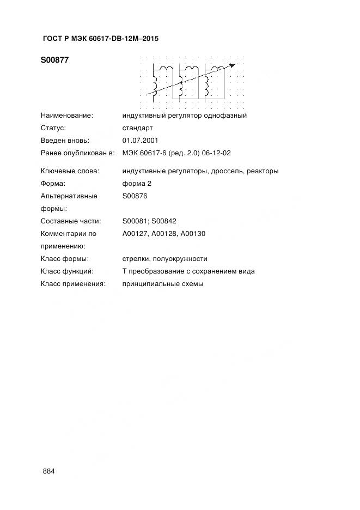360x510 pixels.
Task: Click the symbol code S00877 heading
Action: [x=54, y=60]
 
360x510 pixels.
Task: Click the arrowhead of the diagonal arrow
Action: [x=233, y=65]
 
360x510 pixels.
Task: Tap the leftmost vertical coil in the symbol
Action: [x=156, y=83]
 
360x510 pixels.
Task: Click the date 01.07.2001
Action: [x=141, y=141]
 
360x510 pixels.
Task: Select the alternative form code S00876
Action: [x=135, y=196]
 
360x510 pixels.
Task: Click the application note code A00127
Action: [x=136, y=234]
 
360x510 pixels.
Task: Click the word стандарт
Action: [x=138, y=128]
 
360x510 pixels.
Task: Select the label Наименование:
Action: [x=66, y=116]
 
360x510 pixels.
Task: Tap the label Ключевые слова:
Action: [x=70, y=171]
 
